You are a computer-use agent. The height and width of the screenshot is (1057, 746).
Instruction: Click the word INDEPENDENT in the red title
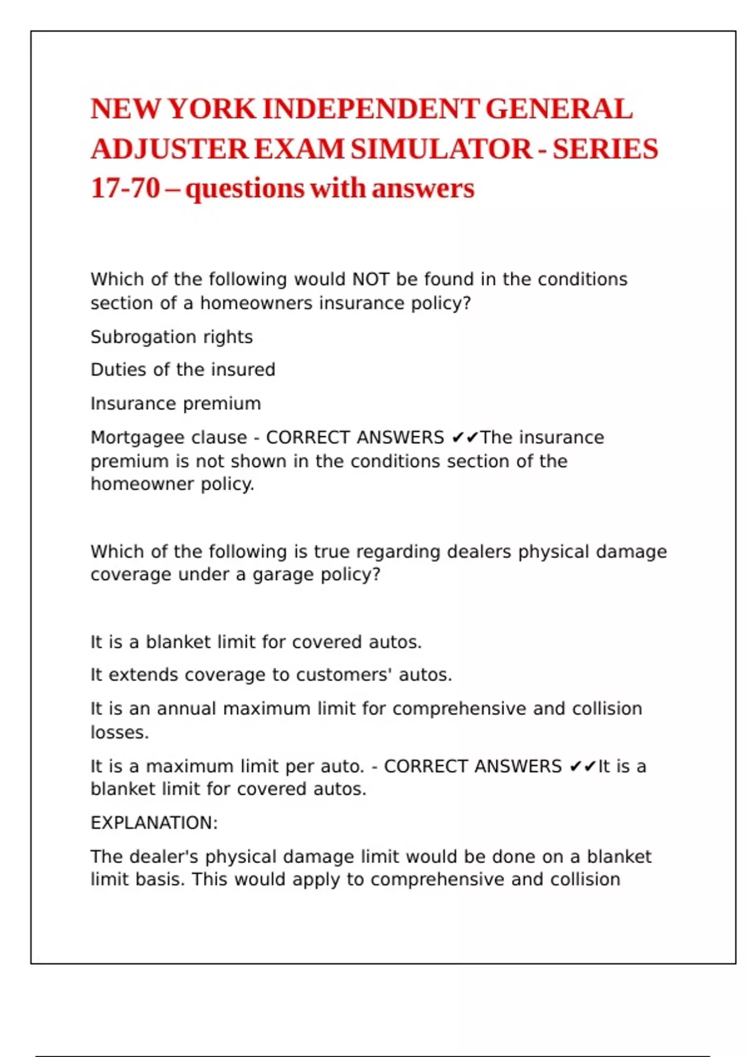371,109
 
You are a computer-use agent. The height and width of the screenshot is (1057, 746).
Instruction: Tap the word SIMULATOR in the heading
441,149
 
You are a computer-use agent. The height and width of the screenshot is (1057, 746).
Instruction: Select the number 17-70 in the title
125,188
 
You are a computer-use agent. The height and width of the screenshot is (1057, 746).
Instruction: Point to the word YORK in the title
212,109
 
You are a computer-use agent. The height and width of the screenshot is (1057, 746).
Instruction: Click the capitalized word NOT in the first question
371,279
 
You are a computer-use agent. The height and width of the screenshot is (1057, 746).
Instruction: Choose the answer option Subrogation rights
172,337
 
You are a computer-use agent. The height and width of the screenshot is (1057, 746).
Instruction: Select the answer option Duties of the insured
183,370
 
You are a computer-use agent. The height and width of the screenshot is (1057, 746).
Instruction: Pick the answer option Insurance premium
176,404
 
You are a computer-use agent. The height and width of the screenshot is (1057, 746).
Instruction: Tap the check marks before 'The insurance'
464,438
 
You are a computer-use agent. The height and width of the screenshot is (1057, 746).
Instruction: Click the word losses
119,732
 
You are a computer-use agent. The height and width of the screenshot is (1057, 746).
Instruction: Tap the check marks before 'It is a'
583,767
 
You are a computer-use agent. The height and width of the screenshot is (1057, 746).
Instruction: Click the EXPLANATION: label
154,823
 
